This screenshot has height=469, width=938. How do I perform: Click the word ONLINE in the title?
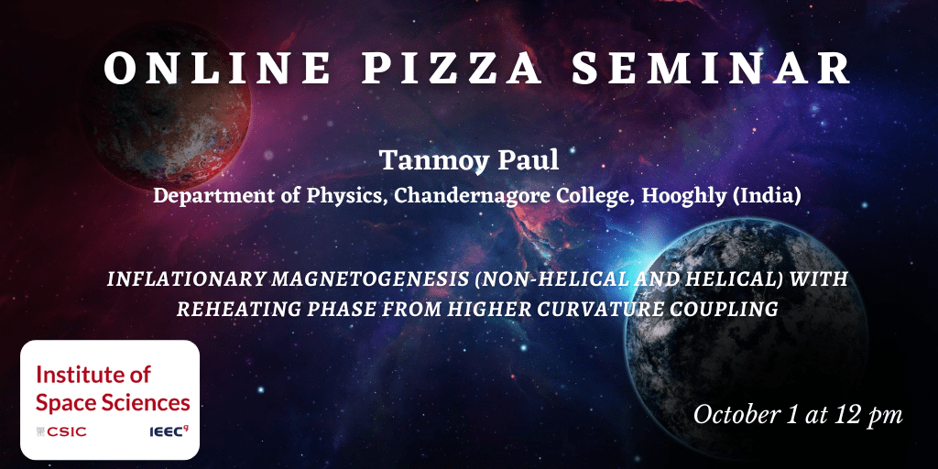pos(216,68)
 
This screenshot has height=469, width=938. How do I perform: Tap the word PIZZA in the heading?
pos(452,68)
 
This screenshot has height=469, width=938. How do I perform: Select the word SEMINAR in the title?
pos(711,68)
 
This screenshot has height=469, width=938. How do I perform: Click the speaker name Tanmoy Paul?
pos(469,160)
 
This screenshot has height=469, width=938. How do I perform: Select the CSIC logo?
pos(61,431)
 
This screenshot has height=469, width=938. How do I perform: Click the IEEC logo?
pos(167,431)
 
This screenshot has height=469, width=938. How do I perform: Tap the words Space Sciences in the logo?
pos(113,403)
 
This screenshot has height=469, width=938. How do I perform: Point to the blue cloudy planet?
pos(746,338)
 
